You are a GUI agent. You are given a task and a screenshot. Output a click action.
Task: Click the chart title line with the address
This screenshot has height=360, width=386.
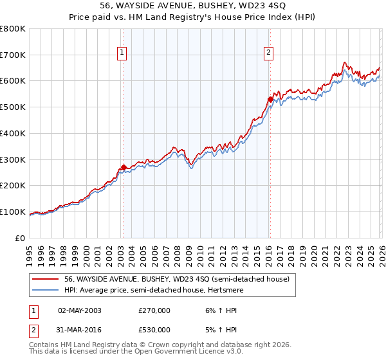point(193,6)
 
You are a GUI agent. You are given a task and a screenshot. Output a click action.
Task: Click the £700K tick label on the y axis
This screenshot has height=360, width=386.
point(13,55)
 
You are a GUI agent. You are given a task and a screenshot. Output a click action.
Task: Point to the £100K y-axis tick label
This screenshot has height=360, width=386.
point(13,212)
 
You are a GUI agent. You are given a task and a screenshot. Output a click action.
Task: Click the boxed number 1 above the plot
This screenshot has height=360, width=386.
point(122,53)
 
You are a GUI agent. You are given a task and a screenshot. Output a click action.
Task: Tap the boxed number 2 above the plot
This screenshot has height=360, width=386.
point(268,53)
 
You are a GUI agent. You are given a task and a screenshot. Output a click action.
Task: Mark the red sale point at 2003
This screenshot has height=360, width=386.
point(124,167)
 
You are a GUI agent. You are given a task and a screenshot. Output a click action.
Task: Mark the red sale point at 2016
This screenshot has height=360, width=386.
point(270,99)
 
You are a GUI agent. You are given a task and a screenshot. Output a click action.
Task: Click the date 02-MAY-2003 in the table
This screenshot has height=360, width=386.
point(80,310)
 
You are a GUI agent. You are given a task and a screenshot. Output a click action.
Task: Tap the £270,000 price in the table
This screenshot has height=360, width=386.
point(154,310)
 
